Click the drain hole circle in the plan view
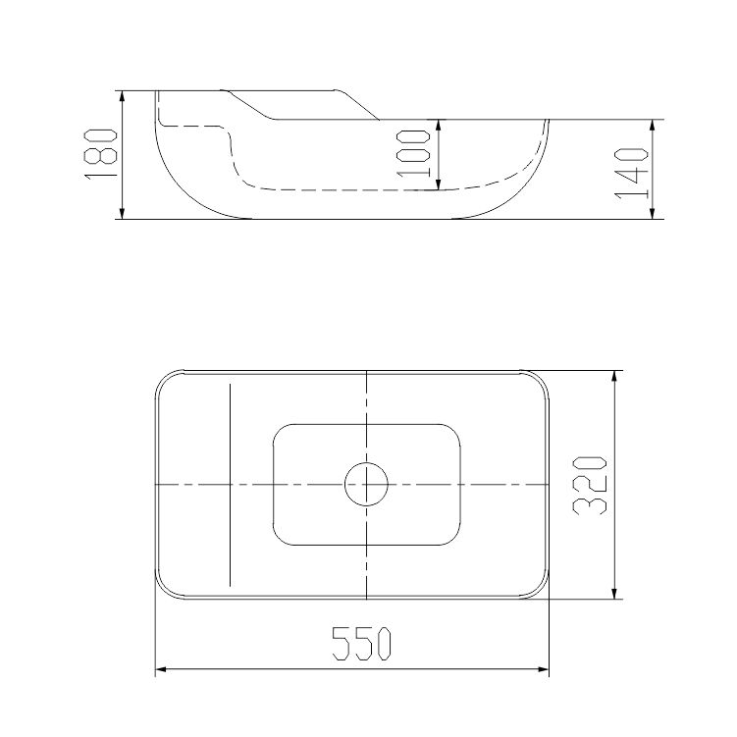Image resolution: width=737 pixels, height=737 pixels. [367, 484]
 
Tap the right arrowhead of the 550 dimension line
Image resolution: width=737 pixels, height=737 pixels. [544, 671]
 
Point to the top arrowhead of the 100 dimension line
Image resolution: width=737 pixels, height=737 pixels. [437, 126]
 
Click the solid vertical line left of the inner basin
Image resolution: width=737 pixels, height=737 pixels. [229, 485]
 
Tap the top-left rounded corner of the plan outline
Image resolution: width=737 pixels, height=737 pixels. [164, 380]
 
